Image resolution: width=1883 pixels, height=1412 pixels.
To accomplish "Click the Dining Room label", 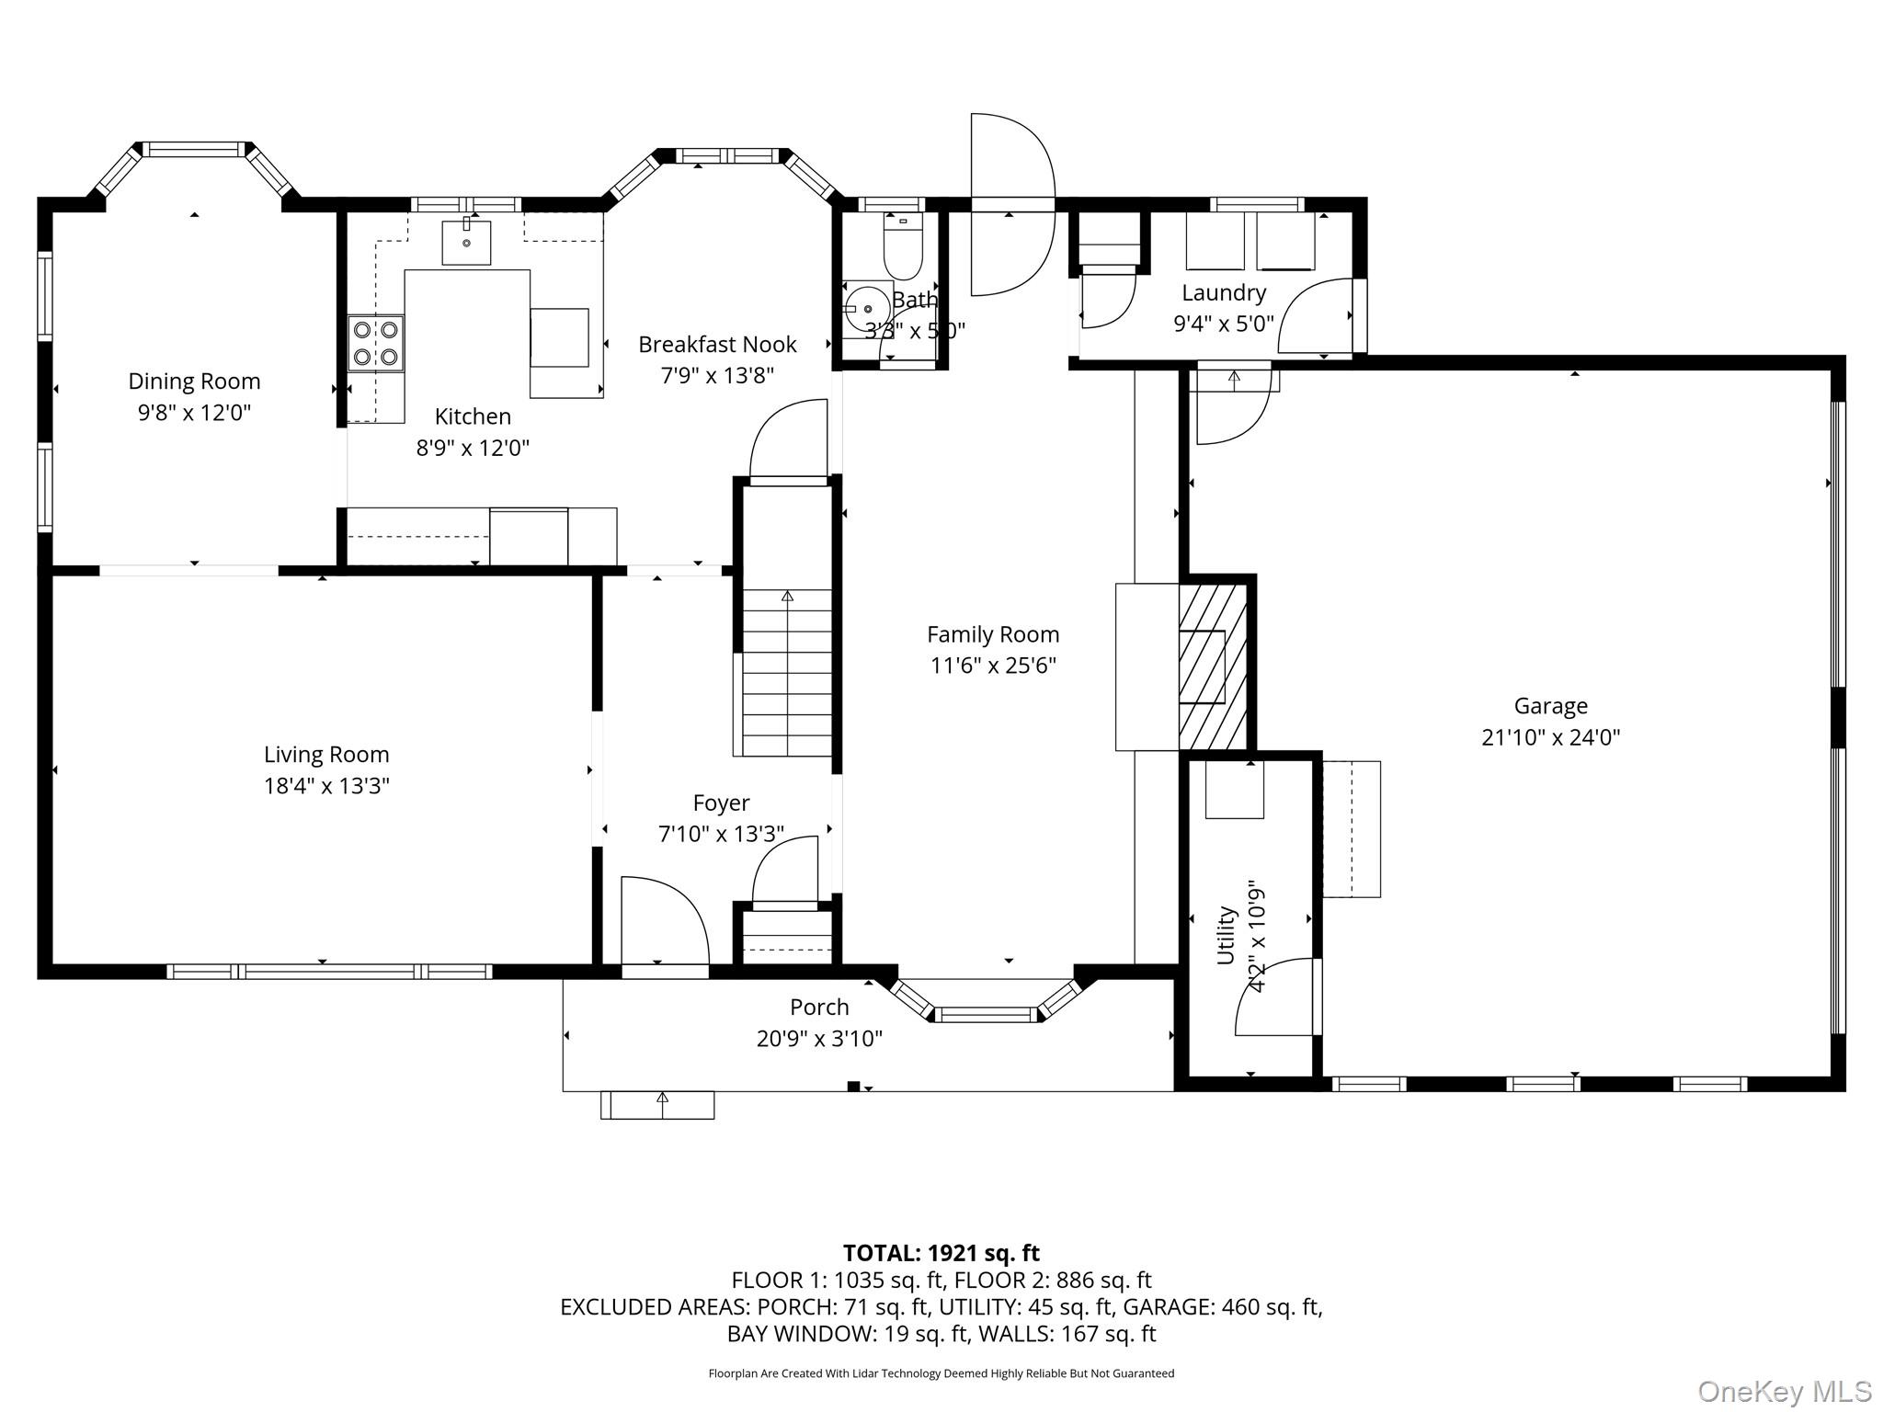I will (194, 381).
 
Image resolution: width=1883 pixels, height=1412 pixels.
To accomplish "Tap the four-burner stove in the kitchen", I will (376, 343).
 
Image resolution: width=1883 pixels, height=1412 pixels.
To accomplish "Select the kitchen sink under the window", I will (466, 243).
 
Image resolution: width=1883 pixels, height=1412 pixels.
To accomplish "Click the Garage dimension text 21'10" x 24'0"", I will (1550, 737).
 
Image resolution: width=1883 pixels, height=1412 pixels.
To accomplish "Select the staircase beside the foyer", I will (786, 671).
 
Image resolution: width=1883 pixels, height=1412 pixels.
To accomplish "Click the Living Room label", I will (326, 755).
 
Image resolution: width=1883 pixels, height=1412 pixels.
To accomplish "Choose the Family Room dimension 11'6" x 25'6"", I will (993, 666).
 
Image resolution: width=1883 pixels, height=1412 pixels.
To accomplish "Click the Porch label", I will (819, 1008).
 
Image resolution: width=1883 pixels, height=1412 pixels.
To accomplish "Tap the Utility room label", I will (1226, 935).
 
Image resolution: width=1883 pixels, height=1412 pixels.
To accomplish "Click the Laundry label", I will (1224, 292).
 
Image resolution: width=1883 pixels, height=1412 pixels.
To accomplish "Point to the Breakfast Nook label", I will (717, 345).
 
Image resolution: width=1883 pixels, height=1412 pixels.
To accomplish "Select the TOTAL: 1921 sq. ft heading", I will (941, 1253).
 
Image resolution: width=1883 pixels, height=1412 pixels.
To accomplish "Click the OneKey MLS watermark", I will (1784, 1391).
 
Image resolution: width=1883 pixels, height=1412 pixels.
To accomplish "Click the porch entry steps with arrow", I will (657, 1105).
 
